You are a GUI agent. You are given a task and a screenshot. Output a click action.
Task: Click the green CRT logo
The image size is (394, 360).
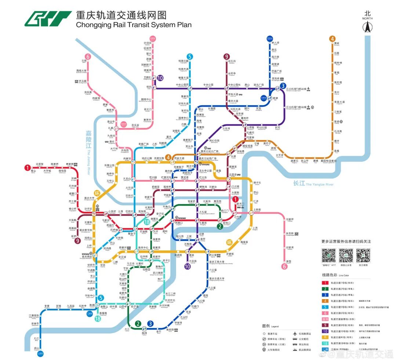click(48, 19)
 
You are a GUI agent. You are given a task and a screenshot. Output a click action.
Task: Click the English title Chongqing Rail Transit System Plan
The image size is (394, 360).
click(134, 25)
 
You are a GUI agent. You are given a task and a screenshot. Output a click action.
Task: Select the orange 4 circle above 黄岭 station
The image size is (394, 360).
click(332, 39)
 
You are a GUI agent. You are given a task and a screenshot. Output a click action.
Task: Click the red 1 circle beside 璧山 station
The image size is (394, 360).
click(27, 168)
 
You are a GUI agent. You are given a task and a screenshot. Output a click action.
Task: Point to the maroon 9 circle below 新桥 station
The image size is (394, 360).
click(77, 241)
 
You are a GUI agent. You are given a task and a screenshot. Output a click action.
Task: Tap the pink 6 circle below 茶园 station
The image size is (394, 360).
click(284, 267)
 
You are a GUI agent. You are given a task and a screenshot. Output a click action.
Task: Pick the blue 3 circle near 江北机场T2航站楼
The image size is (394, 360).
click(283, 86)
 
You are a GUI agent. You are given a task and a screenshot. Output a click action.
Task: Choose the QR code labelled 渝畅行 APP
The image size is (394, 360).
click(329, 255)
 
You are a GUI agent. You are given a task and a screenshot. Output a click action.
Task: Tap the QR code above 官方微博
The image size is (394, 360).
click(363, 255)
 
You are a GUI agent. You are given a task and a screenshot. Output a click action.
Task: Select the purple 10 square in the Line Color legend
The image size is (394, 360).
click(325, 331)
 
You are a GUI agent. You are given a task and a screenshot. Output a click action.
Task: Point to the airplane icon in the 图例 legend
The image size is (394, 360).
click(295, 334)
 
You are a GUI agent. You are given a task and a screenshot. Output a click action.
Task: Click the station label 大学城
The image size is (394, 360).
click(47, 170)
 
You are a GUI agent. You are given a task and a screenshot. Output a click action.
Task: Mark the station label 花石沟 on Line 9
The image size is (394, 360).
click(232, 61)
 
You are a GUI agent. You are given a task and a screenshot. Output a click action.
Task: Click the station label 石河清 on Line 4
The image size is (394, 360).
click(338, 131)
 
